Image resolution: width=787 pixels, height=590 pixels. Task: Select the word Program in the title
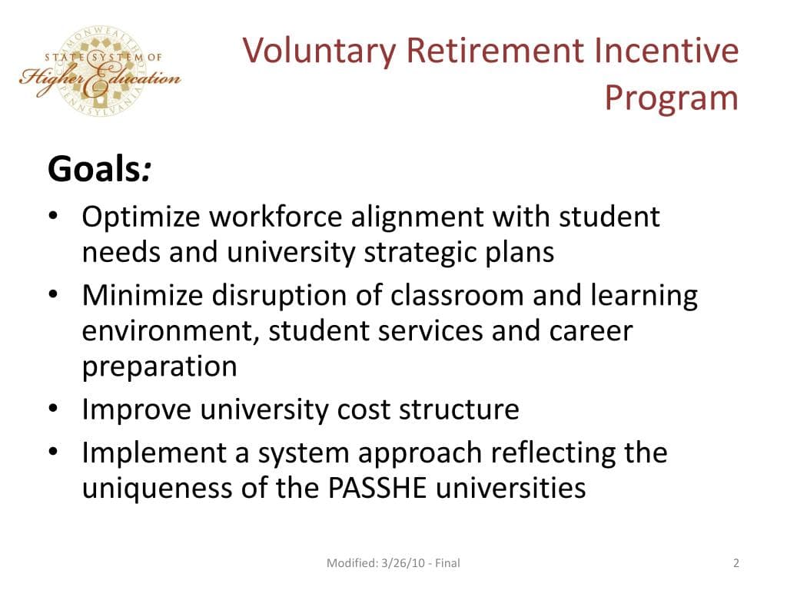coord(671,98)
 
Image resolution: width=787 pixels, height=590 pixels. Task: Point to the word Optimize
coord(141,217)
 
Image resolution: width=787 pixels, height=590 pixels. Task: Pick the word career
coord(590,331)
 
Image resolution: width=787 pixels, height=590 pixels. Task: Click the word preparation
coord(160,366)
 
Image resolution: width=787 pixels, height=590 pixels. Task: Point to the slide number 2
coord(736,563)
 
